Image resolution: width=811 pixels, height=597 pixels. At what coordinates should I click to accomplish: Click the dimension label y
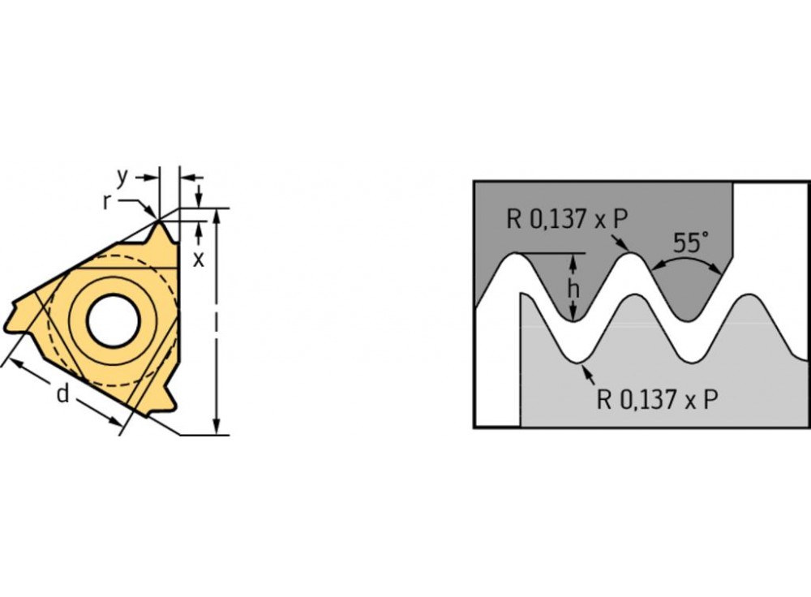(x=122, y=178)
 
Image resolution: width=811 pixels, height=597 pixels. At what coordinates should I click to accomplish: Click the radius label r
(x=106, y=202)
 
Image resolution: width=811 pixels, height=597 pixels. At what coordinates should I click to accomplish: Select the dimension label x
(x=199, y=260)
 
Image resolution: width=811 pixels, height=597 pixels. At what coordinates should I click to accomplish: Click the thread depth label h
(x=573, y=290)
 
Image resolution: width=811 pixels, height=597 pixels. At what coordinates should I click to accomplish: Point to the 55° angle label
(x=690, y=242)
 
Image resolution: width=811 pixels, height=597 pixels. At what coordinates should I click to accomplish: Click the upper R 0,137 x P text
(x=567, y=219)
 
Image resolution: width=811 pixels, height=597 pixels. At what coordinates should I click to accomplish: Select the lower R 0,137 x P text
(x=658, y=399)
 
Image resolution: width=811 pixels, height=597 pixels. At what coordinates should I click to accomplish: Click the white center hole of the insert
(x=114, y=320)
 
